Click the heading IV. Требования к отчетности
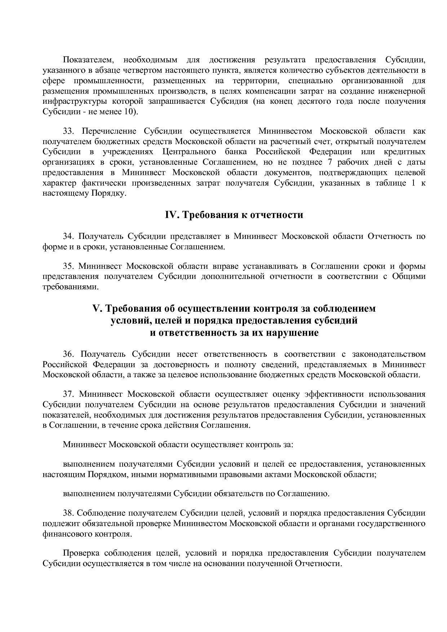click(234, 215)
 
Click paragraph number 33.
click(68, 131)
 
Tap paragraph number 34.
click(68, 237)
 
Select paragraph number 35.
click(68, 267)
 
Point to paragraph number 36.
click(68, 355)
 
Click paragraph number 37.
click(68, 395)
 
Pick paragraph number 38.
click(68, 513)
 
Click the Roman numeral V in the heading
click(96, 309)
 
